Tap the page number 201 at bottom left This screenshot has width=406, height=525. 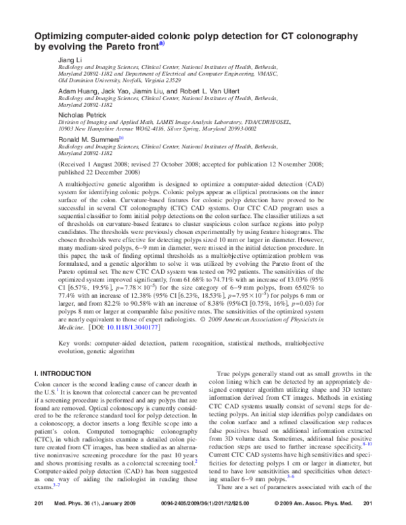(x=39, y=505)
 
